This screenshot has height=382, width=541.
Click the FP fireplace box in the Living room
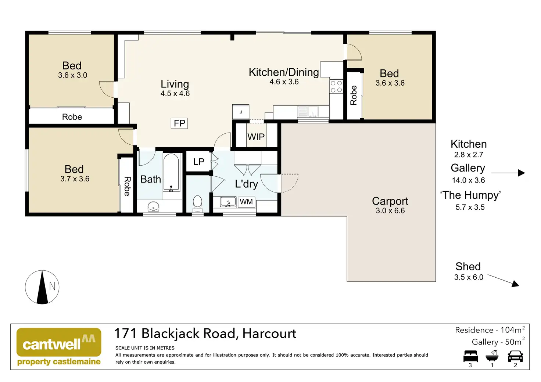click(179, 123)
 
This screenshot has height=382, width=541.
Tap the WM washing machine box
click(246, 202)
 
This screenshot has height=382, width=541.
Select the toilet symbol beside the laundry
click(197, 203)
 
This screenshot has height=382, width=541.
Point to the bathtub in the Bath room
click(171, 172)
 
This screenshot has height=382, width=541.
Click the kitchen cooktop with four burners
click(336, 86)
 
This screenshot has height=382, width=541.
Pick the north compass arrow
click(42, 287)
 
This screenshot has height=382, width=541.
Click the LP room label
click(199, 162)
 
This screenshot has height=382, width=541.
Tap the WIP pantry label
click(256, 137)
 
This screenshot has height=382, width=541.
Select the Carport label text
click(390, 201)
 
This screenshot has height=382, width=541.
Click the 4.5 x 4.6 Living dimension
click(175, 94)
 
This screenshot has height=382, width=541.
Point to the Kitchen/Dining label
click(284, 72)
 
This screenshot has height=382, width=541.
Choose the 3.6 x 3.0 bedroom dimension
click(72, 75)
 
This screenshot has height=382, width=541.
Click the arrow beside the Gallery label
click(508, 173)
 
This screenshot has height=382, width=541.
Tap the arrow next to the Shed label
click(504, 280)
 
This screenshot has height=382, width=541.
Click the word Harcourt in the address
click(269, 334)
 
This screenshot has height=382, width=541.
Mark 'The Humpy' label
click(470, 195)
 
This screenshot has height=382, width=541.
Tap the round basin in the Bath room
click(153, 206)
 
